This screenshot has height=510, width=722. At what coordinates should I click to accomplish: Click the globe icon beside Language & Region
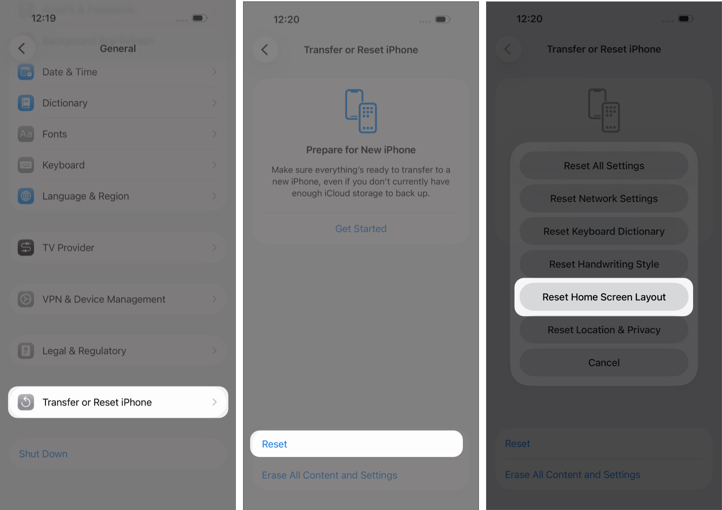coord(26,196)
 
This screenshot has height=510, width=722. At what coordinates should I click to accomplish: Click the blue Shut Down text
coord(43,454)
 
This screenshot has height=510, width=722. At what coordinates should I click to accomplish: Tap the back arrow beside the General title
coord(22,48)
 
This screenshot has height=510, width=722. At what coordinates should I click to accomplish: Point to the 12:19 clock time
coord(44,18)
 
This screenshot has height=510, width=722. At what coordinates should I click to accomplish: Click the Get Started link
coord(361,229)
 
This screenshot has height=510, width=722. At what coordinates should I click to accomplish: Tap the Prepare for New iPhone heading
coord(361,150)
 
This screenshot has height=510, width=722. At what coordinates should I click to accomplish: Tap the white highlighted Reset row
coord(356,444)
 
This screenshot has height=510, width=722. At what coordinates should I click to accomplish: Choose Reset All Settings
coord(604,166)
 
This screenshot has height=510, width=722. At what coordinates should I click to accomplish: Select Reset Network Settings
coord(604,199)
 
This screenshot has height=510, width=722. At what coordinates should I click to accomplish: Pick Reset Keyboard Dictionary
coord(604,231)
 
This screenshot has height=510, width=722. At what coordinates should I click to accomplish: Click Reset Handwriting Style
coord(604,264)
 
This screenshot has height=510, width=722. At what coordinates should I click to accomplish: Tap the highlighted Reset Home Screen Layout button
coord(604,297)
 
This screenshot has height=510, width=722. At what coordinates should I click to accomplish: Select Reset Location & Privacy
coord(604,330)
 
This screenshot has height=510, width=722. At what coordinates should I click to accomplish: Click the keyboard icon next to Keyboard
coord(26,165)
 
